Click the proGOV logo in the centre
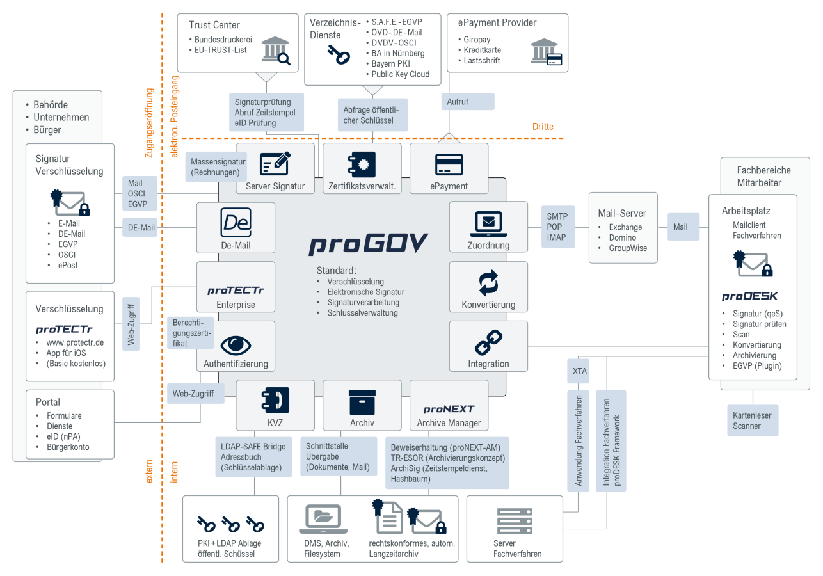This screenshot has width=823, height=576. click(x=369, y=244)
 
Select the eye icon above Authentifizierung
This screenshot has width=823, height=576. click(x=236, y=344)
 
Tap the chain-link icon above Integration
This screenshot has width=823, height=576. click(x=488, y=343)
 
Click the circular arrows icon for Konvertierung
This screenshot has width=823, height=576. click(x=488, y=283)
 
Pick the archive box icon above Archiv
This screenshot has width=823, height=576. click(x=362, y=402)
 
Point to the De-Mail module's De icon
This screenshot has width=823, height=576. click(x=235, y=223)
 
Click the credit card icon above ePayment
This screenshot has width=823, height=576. click(x=449, y=164)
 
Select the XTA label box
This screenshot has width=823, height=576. click(x=580, y=371)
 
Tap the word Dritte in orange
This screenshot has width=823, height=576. click(x=543, y=127)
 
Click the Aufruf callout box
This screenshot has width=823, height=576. click(x=467, y=102)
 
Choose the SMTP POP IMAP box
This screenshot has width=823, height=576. click(x=557, y=227)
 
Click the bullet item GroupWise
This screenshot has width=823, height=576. click(x=628, y=248)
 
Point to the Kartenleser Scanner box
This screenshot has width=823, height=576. click(x=752, y=420)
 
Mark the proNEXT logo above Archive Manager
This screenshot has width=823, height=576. click(x=449, y=408)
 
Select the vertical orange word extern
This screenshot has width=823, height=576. click(x=149, y=470)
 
